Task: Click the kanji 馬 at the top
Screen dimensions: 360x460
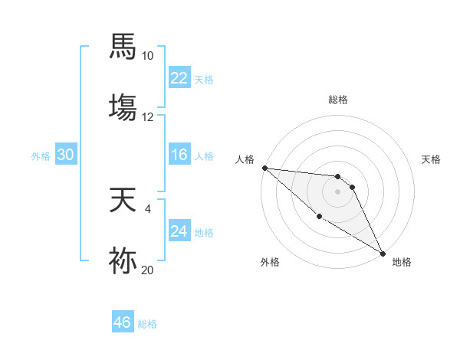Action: pos(123,46)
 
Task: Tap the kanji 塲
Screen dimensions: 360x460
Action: pos(123,105)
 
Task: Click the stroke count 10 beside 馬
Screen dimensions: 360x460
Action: pos(148,56)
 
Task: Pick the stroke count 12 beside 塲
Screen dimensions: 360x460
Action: pos(148,116)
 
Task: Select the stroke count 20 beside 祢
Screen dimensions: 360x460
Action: pos(148,269)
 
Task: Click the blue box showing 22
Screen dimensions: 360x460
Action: pos(179,78)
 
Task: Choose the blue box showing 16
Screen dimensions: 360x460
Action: pos(179,155)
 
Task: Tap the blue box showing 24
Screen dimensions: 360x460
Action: pos(179,231)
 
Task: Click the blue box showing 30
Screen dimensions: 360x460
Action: pos(65,155)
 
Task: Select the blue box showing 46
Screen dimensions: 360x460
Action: pos(123,322)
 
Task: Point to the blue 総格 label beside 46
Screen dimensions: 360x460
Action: pos(147,324)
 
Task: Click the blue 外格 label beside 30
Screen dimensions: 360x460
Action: pos(41,155)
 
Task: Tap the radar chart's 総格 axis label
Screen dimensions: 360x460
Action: pos(337,100)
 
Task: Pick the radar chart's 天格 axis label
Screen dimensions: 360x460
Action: pos(432,159)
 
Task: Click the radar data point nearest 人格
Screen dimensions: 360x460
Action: pos(264,168)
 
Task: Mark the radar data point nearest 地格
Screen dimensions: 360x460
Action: pos(382,253)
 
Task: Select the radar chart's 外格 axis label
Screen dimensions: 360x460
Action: pos(270,262)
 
